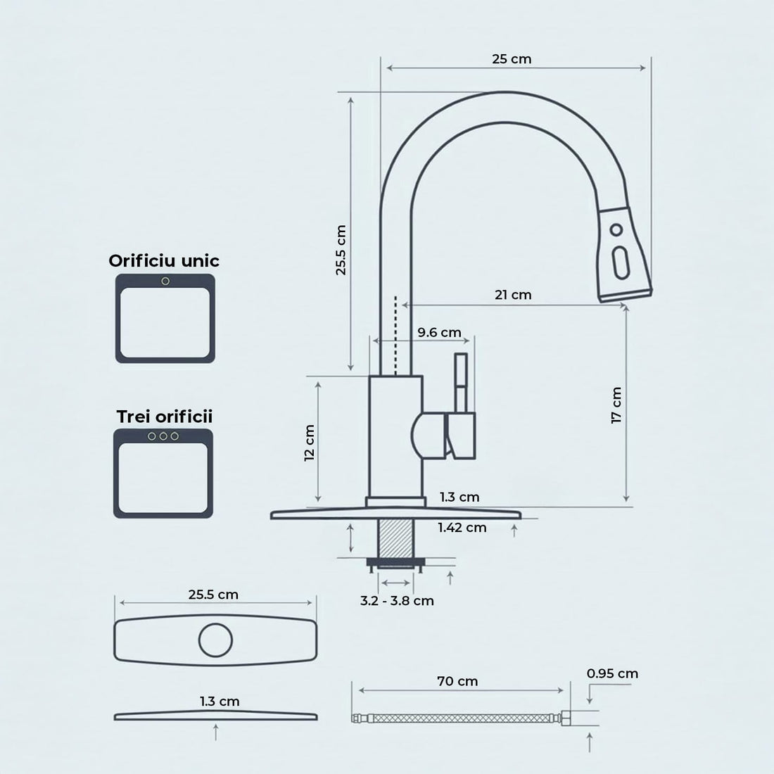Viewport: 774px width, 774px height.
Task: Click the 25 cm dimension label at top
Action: pos(512,59)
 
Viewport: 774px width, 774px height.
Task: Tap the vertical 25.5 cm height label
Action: pos(341,250)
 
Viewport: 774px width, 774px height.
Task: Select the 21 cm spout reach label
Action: pos(513,295)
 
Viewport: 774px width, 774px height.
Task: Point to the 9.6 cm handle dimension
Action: pos(439,332)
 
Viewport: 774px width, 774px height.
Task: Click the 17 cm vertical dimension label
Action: pos(616,405)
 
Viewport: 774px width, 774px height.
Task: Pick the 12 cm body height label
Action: pos(309,443)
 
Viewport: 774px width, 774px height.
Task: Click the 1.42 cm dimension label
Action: pos(462,527)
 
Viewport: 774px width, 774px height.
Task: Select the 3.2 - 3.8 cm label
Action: pos(397,600)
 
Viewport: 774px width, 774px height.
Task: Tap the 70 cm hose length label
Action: pos(457,681)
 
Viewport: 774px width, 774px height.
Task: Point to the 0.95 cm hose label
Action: pos(612,673)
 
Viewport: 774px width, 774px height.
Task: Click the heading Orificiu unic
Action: pos(164,261)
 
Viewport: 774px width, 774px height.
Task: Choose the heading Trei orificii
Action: pos(164,417)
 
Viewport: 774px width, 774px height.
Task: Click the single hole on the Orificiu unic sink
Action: pos(165,281)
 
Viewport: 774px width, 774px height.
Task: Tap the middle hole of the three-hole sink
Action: pos(163,436)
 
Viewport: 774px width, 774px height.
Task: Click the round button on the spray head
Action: pos(616,229)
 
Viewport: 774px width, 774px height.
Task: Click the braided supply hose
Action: pos(457,718)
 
